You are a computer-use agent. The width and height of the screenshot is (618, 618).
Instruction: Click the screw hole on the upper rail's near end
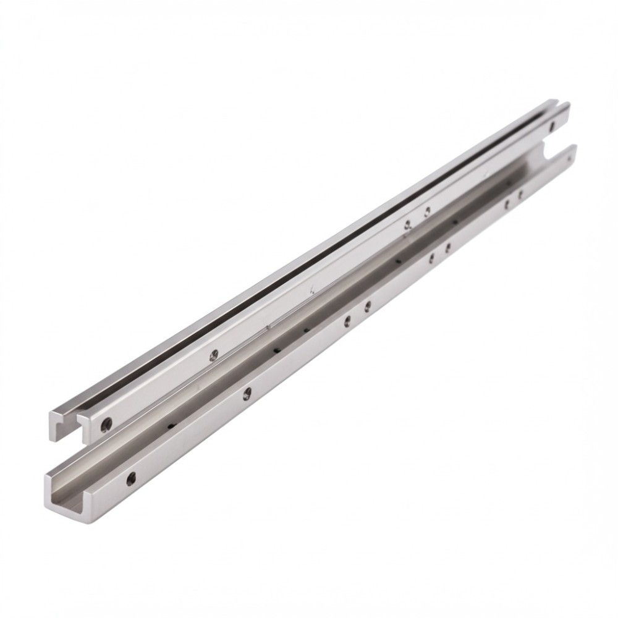click(x=107, y=424)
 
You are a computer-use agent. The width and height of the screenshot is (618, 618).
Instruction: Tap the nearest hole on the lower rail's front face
click(x=131, y=478)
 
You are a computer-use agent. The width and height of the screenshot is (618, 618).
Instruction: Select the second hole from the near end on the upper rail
click(x=214, y=354)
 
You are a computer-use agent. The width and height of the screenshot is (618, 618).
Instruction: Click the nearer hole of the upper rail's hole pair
click(x=407, y=225)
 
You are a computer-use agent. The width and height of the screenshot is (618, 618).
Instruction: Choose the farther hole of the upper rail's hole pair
click(x=427, y=211)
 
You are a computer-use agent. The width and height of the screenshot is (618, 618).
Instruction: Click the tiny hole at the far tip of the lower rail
click(x=569, y=159)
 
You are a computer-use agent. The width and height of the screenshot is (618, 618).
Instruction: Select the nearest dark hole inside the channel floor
click(x=170, y=426)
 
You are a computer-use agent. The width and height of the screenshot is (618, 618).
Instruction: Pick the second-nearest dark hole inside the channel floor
click(x=276, y=350)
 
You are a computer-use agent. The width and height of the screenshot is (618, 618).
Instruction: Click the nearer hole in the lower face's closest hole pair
click(x=347, y=320)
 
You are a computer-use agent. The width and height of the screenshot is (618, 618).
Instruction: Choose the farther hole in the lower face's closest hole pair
click(x=368, y=305)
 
